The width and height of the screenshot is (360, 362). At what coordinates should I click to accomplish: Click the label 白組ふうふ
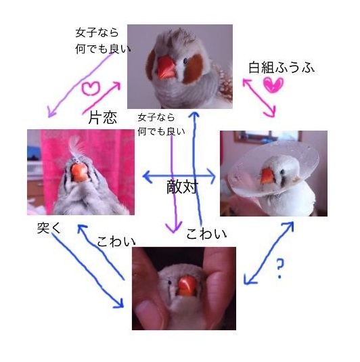point(282,68)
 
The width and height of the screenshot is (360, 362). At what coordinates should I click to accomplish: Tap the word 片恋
point(103,117)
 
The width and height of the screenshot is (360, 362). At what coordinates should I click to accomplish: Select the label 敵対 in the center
point(183,187)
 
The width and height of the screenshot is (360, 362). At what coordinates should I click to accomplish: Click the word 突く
point(49,228)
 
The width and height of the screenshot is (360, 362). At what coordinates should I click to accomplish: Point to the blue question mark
point(279,268)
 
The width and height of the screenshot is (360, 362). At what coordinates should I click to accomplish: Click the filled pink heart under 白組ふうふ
point(273,85)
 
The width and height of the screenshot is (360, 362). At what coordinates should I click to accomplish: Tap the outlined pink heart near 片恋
point(91,89)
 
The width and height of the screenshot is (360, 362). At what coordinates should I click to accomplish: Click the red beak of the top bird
point(166,68)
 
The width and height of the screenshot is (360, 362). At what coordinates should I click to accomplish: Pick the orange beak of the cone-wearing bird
point(268,176)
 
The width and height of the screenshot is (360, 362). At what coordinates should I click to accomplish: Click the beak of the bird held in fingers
point(187,286)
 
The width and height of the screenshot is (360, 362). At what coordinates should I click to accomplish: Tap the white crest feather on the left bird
point(76,145)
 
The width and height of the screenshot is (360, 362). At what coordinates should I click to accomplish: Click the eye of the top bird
point(185,61)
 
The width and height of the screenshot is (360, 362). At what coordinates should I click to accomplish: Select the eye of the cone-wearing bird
point(282,172)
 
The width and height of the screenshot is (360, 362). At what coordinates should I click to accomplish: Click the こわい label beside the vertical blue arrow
point(206,234)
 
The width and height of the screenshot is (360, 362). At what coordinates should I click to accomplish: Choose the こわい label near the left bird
point(116,242)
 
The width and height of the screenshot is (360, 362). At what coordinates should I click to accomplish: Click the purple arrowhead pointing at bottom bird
point(174,227)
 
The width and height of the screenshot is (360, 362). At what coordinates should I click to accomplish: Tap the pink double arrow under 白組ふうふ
point(259,97)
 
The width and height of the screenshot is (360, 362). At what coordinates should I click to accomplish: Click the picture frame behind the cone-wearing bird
point(268,137)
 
